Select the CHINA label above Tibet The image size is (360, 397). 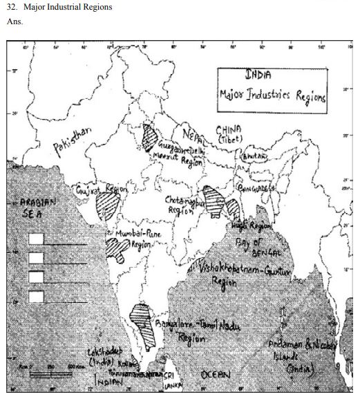point(229,129)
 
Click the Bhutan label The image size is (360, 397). point(252,158)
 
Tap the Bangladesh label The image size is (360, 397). point(256,187)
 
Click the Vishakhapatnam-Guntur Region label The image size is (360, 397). point(238,273)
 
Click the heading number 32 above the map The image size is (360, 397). point(11,8)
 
